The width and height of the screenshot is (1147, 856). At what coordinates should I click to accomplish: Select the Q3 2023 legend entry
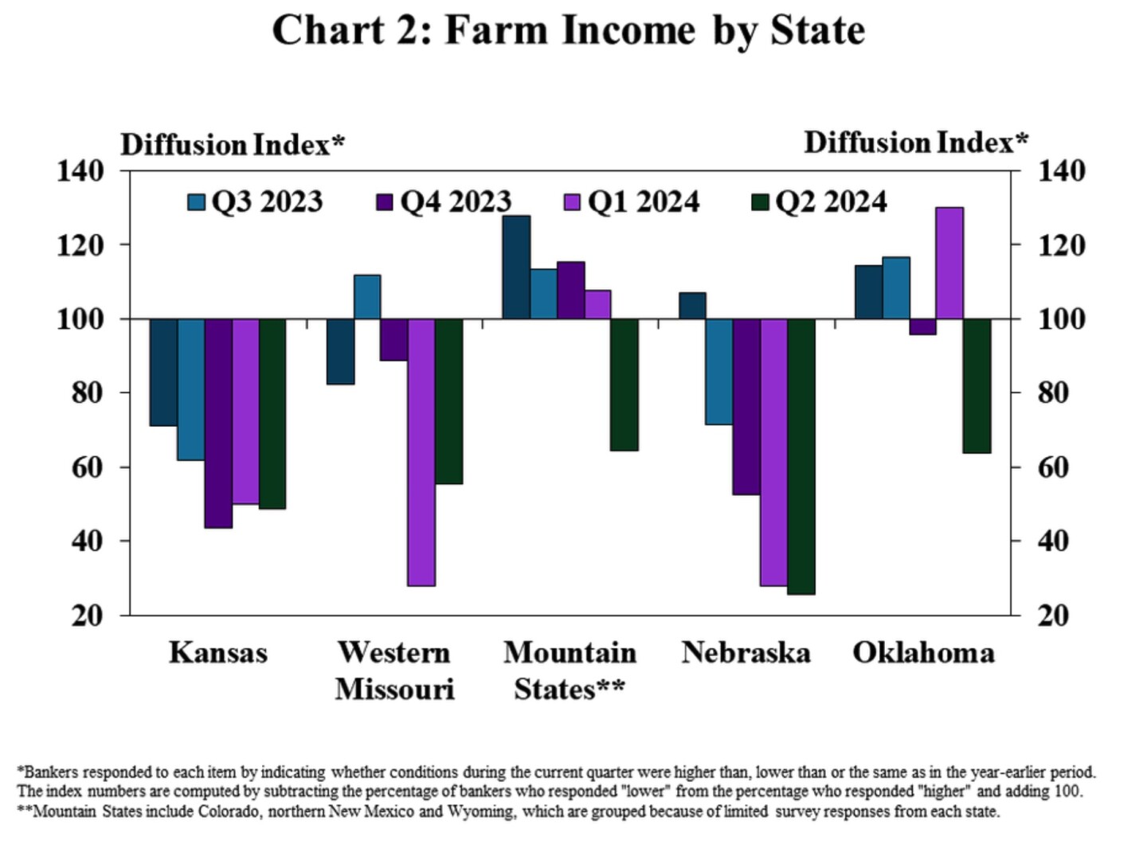[x=256, y=201]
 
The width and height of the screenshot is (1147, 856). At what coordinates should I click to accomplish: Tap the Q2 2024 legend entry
[x=820, y=201]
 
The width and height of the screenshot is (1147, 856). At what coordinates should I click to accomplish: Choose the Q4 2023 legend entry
[x=444, y=201]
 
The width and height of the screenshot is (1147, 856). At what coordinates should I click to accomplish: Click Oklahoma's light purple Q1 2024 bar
[x=949, y=263]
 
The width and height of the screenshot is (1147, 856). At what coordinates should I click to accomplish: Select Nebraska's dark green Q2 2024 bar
[x=801, y=456]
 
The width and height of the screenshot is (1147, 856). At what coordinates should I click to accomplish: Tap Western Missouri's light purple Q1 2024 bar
[x=421, y=452]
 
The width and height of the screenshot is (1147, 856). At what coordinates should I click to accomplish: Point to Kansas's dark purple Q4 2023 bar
[x=218, y=423]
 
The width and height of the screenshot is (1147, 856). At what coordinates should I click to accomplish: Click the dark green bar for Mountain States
[x=624, y=385]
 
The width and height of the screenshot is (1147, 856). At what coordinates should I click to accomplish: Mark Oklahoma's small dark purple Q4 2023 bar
[x=922, y=326]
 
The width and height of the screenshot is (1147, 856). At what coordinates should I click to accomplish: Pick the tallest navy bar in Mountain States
[x=516, y=267]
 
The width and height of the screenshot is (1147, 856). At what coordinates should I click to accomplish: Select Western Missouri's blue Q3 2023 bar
[x=367, y=297]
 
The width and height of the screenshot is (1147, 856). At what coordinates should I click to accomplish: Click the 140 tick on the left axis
[x=80, y=170]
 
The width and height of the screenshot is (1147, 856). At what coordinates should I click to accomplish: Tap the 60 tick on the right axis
[x=1051, y=467]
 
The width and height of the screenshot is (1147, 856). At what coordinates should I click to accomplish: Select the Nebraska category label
[x=746, y=653]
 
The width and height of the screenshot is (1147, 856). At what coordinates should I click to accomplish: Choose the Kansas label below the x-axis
[x=218, y=653]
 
